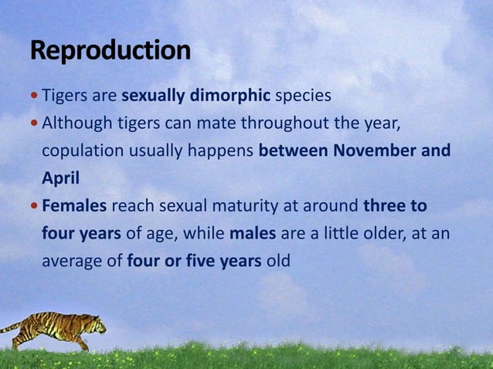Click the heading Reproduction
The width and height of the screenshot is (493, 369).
point(110,51)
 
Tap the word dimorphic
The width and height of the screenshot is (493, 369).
point(235,96)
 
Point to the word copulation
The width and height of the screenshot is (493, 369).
point(82,151)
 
